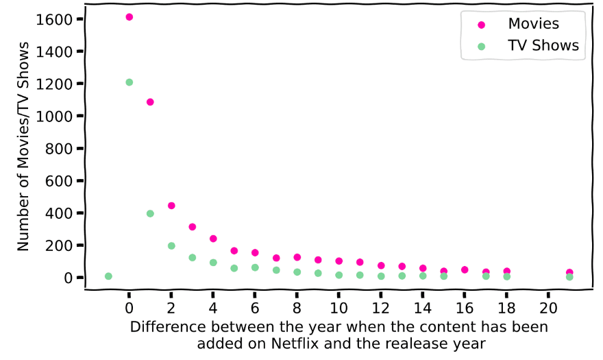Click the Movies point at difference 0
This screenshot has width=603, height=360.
[129, 17]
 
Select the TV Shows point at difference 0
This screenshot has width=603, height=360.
[129, 82]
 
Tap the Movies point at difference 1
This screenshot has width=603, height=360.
[150, 102]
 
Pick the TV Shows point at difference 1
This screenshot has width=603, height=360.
[150, 214]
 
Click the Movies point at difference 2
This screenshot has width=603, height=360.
[171, 206]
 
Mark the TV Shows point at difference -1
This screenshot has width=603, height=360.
[108, 276]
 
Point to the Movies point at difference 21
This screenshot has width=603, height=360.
[569, 273]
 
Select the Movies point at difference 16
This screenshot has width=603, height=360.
[465, 270]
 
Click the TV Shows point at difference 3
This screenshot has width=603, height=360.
[193, 258]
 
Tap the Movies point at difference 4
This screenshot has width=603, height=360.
[213, 239]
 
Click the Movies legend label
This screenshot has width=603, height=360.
[533, 24]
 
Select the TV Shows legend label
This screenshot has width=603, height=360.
[543, 46]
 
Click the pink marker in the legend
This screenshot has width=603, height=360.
[481, 25]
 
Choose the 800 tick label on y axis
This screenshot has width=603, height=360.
[58, 149]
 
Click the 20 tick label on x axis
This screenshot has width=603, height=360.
[548, 306]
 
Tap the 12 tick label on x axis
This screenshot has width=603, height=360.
[380, 306]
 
